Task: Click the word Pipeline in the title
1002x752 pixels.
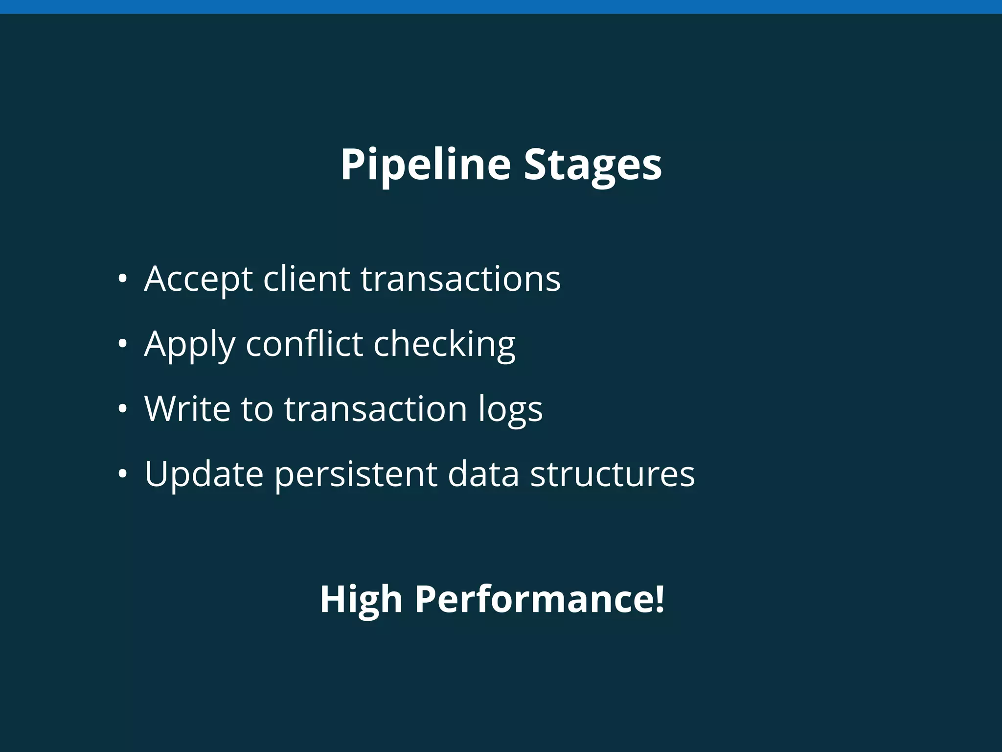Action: (425, 164)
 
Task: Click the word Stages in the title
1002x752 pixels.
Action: (592, 164)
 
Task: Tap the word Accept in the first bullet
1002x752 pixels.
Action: (198, 279)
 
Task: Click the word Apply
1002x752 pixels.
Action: (189, 344)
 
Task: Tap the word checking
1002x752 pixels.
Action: (444, 344)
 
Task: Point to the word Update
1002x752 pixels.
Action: (204, 474)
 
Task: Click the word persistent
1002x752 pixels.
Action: (356, 474)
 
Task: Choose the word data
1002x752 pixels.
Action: (483, 473)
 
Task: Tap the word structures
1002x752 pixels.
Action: (613, 473)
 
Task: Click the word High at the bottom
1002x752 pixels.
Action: (361, 599)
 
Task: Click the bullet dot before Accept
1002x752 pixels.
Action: (122, 279)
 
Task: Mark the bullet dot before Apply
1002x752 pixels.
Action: (122, 344)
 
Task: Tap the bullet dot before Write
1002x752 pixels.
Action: (122, 409)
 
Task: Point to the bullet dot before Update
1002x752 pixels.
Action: (122, 474)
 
